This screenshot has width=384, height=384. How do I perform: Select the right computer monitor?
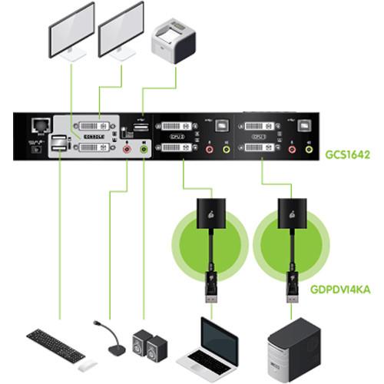[x=121, y=28]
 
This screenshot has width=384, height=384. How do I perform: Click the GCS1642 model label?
[x=349, y=154]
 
